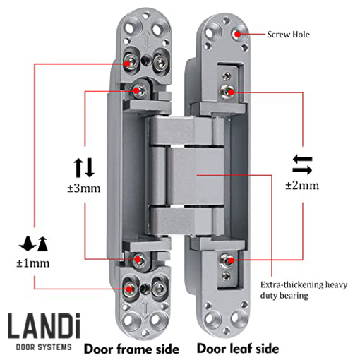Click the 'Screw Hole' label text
coord(288,35)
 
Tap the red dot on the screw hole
coord(238,35)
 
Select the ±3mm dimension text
coord(84,188)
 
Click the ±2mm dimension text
coord(302,186)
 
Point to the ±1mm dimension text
coord(33,263)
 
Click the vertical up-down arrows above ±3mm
coord(84,167)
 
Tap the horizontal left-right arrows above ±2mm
coord(302,164)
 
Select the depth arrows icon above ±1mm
coord(34,244)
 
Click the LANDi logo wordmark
coord(44,326)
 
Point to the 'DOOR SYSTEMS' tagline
coord(44,347)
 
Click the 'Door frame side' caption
coord(131,349)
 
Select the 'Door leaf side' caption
coord(238,349)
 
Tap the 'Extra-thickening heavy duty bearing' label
coord(304,290)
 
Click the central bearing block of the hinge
coord(196,176)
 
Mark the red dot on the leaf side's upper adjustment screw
coord(232,92)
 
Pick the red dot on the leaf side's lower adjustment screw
coord(232,260)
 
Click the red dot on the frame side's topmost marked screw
coord(127,64)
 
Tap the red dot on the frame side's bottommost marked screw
coord(129,289)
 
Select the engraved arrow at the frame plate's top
coord(147,40)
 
